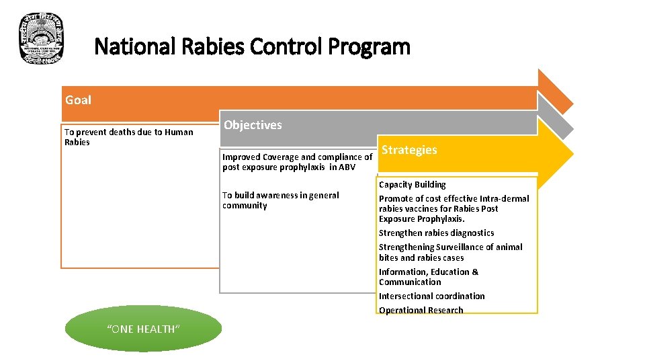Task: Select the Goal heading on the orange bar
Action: (78, 100)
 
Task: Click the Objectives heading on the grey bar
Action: (253, 125)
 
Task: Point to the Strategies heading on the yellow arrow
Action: (409, 150)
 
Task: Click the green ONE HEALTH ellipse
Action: (143, 328)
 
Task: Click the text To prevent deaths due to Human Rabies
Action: (128, 137)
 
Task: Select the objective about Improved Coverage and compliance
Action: (297, 162)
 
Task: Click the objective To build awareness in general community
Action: (280, 200)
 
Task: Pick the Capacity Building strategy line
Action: (412, 184)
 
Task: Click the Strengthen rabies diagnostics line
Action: (436, 233)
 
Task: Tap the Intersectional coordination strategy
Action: (431, 296)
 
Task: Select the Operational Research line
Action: (421, 310)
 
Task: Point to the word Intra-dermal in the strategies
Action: (503, 198)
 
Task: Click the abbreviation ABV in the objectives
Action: (347, 167)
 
